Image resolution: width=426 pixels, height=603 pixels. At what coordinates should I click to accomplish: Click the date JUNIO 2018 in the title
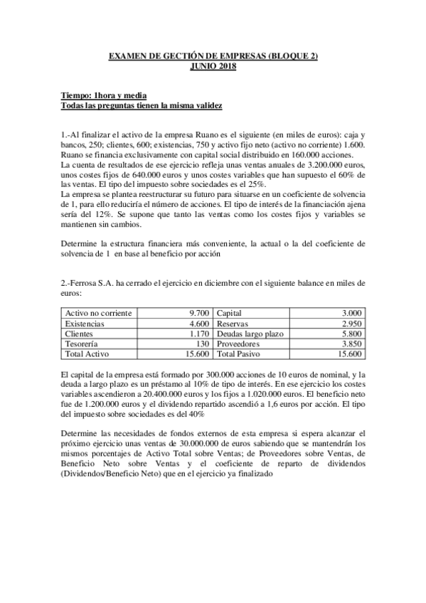[213, 65]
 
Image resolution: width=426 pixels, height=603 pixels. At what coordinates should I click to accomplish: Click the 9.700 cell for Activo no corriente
[198, 313]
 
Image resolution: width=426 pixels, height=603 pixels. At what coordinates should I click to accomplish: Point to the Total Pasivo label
[241, 353]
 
